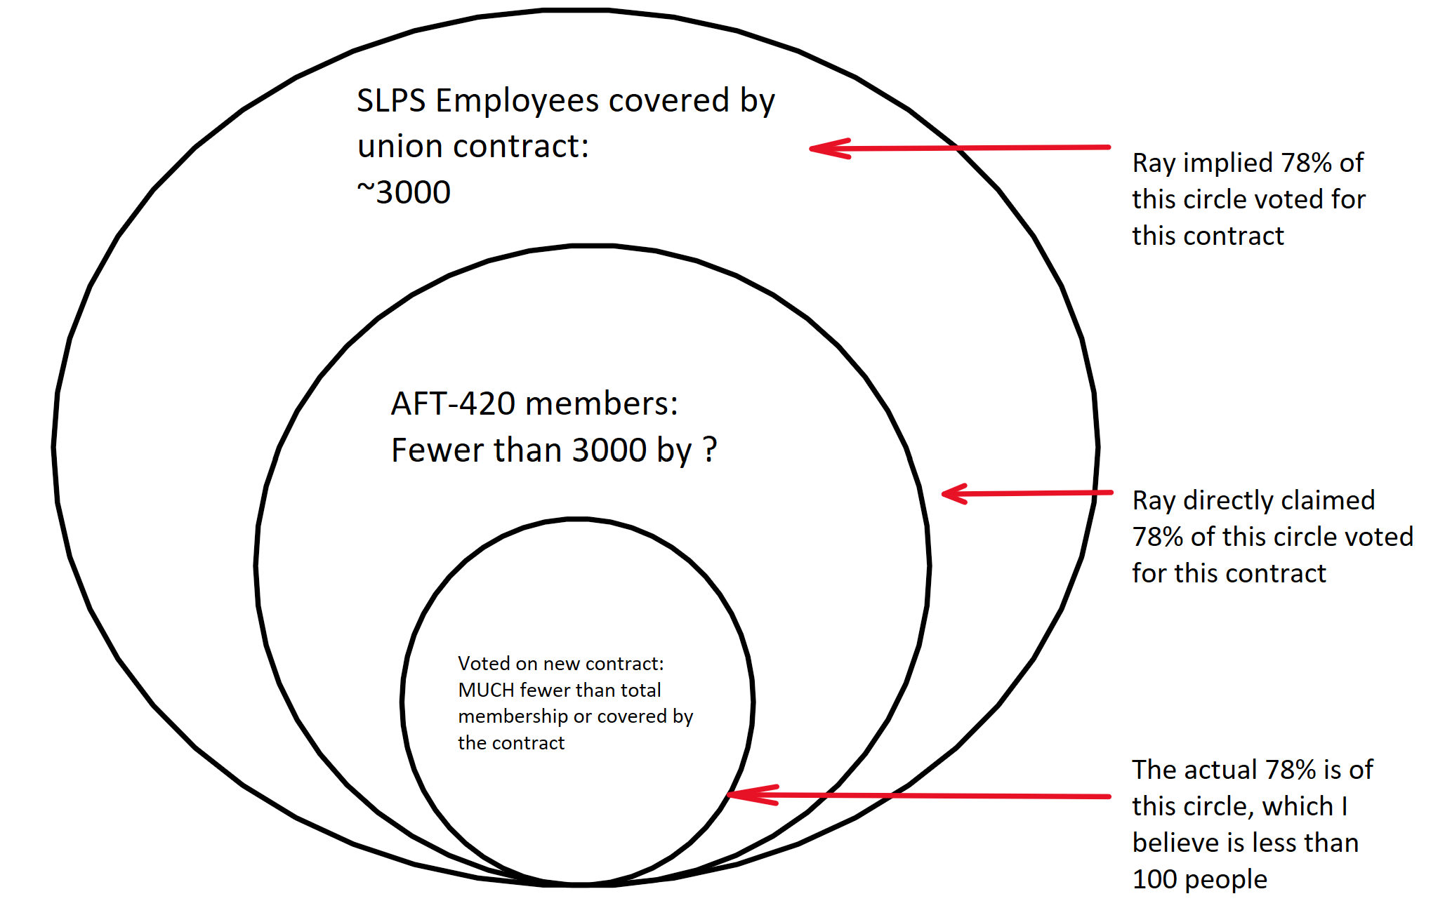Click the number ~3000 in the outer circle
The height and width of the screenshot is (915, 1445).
pos(404,192)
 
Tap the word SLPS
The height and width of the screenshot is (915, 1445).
pos(391,100)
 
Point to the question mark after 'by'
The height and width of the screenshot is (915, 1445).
pos(710,449)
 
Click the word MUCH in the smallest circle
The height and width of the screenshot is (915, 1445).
pos(486,690)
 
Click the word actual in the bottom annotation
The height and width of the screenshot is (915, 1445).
pos(1215,770)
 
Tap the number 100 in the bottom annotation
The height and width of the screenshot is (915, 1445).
pos(1154,879)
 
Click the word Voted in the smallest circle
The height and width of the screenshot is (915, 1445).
pos(484,663)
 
